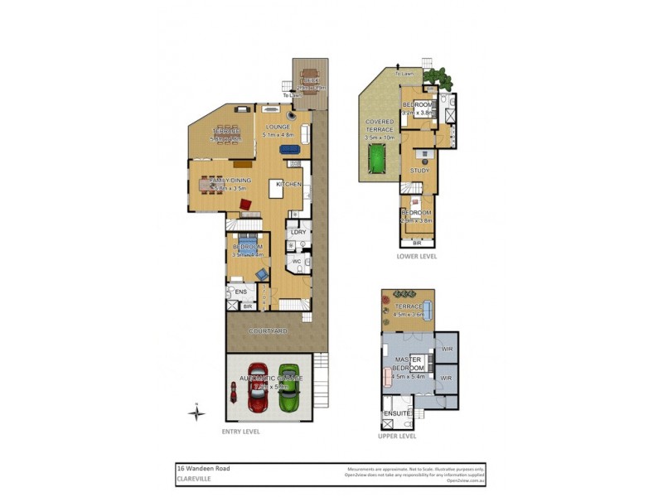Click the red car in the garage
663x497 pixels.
pos(258,387)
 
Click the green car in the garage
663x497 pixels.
pos(288,387)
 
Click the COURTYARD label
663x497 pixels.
pos(269,331)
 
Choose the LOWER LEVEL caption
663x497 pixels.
pos(417,257)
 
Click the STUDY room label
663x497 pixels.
pos(419,171)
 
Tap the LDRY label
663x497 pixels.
pos(298,232)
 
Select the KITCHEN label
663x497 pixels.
pos(288,184)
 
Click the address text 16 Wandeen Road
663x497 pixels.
pos(204,468)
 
